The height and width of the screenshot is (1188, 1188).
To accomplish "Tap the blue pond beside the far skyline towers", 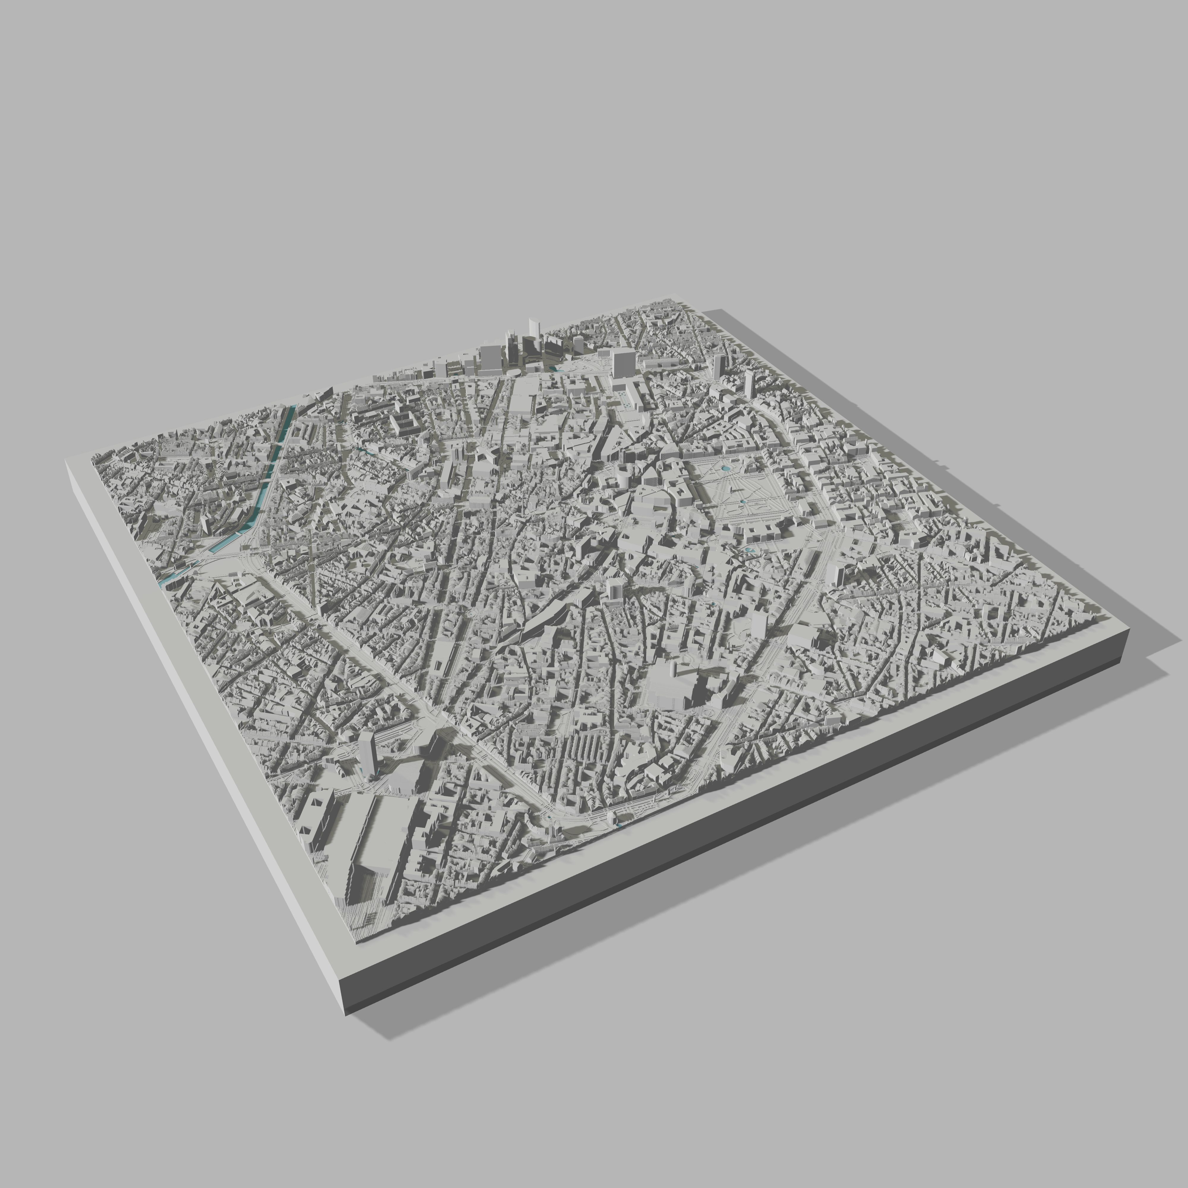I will pos(553,369).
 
